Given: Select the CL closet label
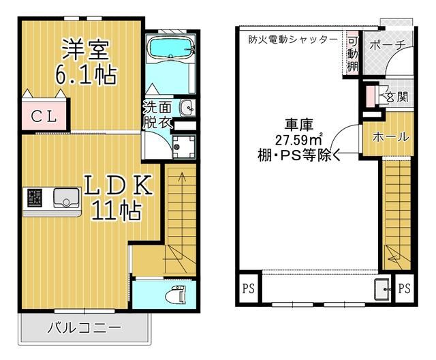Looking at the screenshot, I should tap(43, 116).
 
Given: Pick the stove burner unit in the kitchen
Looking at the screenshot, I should tap(34, 198).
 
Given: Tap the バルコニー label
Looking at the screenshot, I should tap(83, 329).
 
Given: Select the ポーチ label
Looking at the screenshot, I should tap(388, 46).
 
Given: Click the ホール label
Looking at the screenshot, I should tap(390, 136).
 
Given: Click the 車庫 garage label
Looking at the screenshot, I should tap(298, 125).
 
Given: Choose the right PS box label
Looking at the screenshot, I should tap(404, 288).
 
